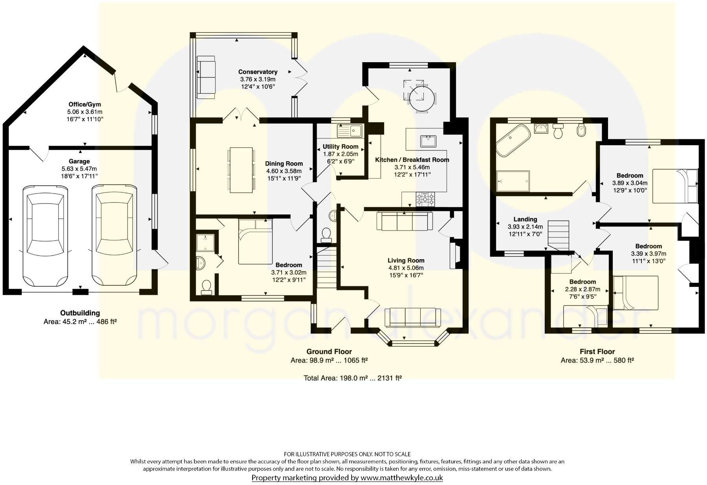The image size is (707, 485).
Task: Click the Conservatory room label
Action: [258, 72]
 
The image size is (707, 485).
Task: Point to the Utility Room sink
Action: [350, 129]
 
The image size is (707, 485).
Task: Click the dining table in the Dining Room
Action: [241, 170]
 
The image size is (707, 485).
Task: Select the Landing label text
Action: [525, 219]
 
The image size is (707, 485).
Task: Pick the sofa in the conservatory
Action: [206, 77]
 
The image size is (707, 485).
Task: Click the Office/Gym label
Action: [84, 104]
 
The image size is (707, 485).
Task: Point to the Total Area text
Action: [352, 378]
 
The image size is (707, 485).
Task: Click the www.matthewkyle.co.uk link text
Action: [401, 478]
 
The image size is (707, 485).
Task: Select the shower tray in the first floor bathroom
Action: [513, 181]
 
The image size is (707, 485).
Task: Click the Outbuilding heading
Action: [80, 313]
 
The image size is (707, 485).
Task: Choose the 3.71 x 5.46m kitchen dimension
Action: [412, 167]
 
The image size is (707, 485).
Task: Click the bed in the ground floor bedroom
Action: [255, 242]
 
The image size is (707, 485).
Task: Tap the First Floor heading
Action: [597, 352]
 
